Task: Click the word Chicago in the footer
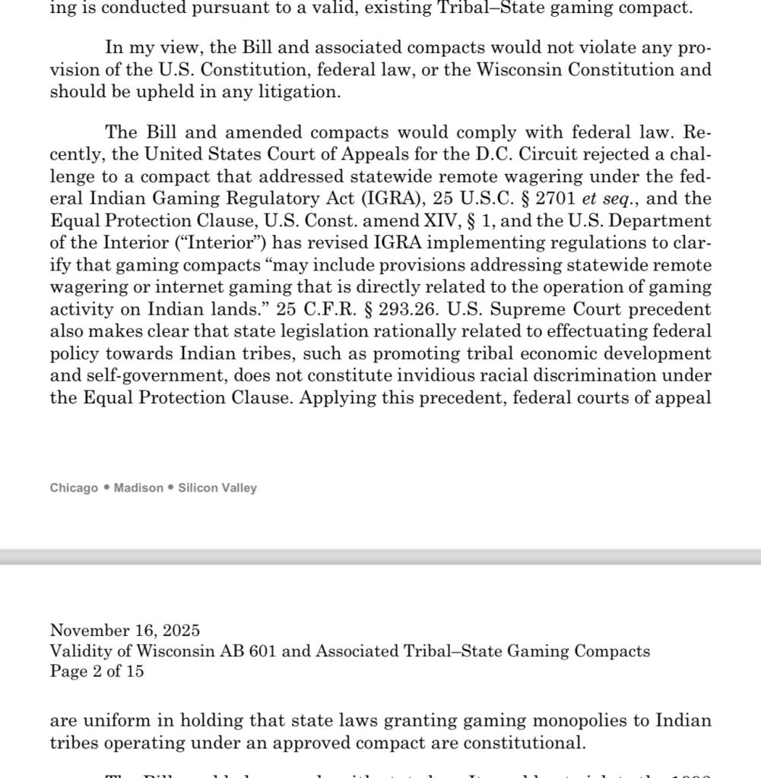pyautogui.click(x=74, y=488)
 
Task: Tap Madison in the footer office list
pyautogui.click(x=138, y=488)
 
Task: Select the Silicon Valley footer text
pyautogui.click(x=217, y=488)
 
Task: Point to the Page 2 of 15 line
pyautogui.click(x=97, y=671)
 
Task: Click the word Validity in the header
pyautogui.click(x=78, y=650)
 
